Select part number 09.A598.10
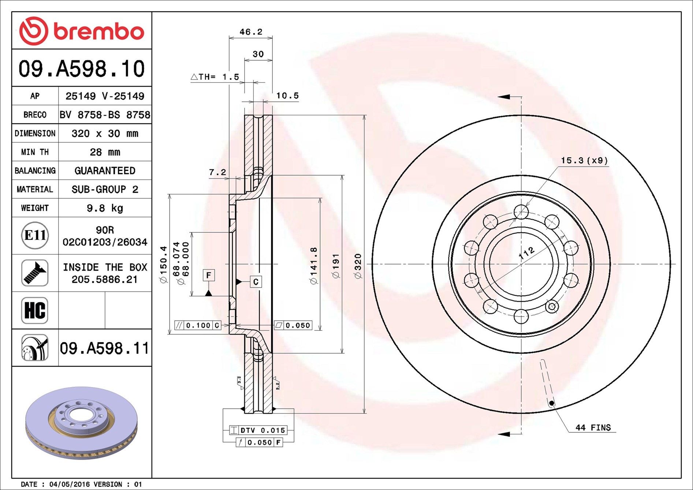coord(82,69)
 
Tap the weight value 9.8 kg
coord(105,208)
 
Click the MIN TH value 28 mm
coord(105,152)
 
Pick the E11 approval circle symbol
coord(35,235)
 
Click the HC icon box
coord(35,310)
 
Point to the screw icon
coord(35,273)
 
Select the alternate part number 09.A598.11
coord(105,348)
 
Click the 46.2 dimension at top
coord(251,32)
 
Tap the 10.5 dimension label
coord(287,96)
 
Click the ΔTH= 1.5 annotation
coord(215,77)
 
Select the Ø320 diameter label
coord(358,266)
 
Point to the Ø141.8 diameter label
coord(314,266)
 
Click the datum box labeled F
coord(209,275)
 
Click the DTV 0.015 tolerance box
coord(258,430)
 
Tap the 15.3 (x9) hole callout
coord(584,161)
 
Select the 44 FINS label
coord(593,427)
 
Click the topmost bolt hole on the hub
coord(521,212)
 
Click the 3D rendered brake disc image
coord(81,423)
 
